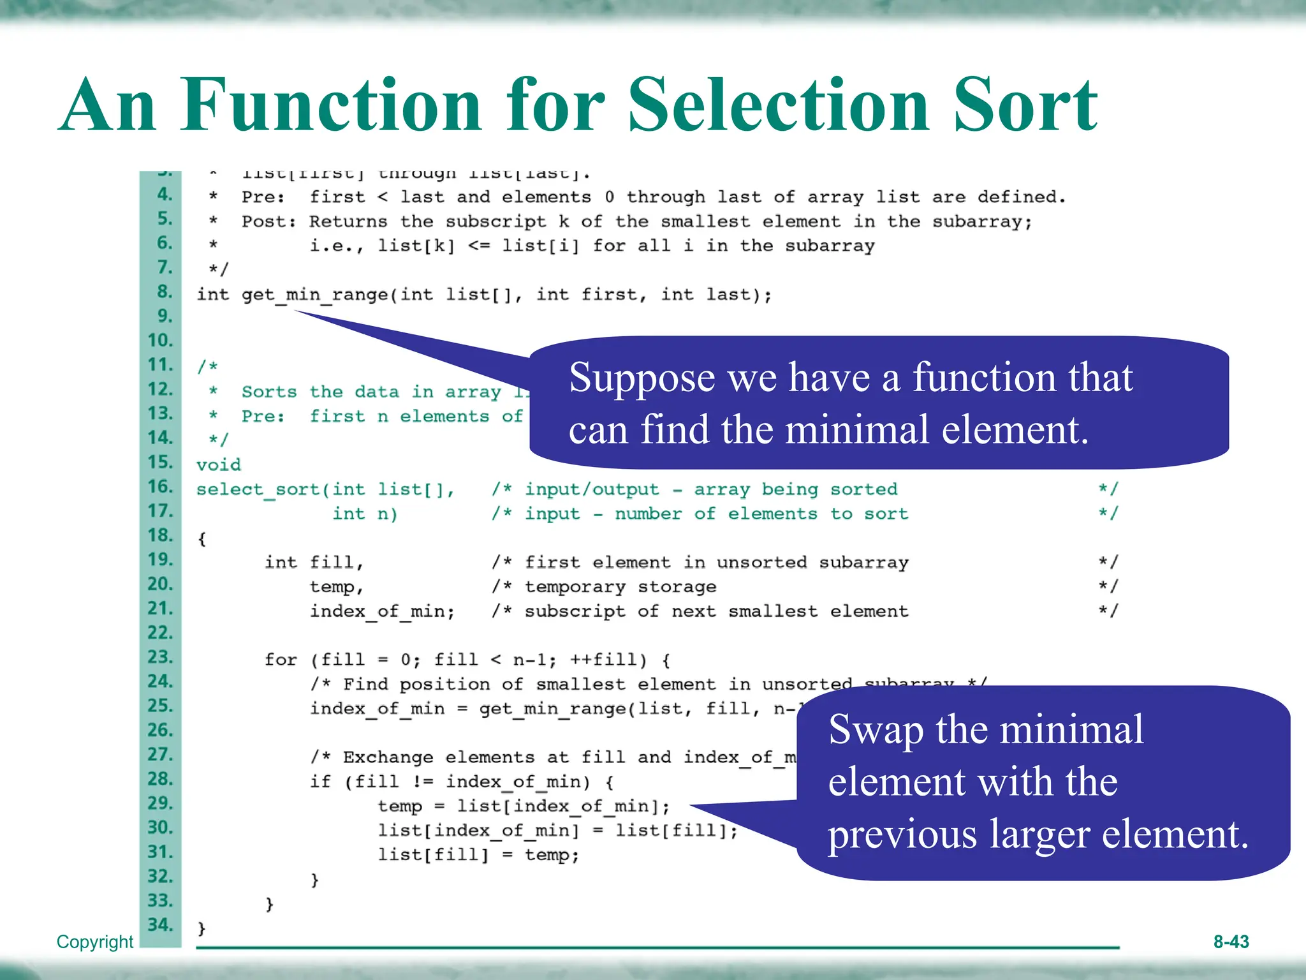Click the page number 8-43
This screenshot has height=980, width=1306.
pyautogui.click(x=1231, y=942)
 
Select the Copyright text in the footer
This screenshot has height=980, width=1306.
pyautogui.click(x=95, y=942)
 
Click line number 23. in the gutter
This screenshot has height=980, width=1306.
pyautogui.click(x=160, y=657)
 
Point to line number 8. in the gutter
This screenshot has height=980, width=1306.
pyautogui.click(x=165, y=292)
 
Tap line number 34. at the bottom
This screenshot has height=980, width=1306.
pyautogui.click(x=160, y=925)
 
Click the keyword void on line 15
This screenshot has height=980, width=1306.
pyautogui.click(x=219, y=464)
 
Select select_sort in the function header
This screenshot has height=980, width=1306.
pyautogui.click(x=258, y=489)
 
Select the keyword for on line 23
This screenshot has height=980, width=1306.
pyautogui.click(x=281, y=660)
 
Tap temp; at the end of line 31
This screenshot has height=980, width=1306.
pyautogui.click(x=552, y=855)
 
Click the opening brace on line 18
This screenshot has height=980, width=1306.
pyautogui.click(x=202, y=539)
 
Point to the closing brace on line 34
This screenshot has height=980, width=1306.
pyautogui.click(x=202, y=928)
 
